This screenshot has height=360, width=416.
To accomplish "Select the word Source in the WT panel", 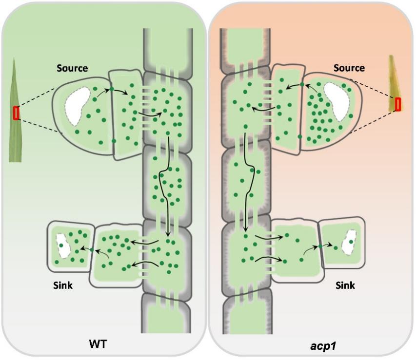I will coord(72,69).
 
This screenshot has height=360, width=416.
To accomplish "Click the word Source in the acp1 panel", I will coord(349,68).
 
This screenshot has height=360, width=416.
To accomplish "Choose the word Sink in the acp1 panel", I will coord(345,285).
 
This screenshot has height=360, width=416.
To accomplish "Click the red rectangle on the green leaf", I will coord(17,113).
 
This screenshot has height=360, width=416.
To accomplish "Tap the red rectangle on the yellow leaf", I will coord(398,104).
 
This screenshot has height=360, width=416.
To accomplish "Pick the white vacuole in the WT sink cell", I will coord(62,246).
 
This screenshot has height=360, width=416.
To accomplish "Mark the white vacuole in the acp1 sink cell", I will coord(349,246).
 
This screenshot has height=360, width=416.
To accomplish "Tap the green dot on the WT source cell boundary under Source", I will coord(112,89).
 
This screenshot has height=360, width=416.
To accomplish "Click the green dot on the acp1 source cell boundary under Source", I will coord(302,84).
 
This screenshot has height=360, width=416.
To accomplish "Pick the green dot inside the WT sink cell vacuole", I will coord(61,245).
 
